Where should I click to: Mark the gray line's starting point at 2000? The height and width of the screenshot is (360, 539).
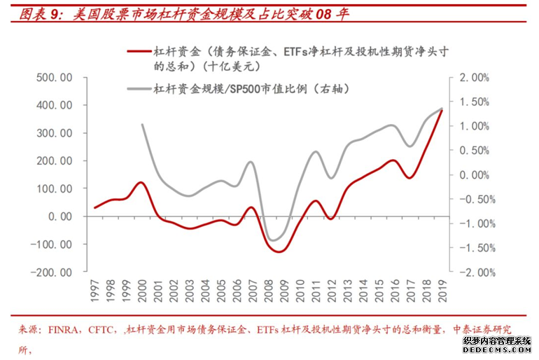(x=142, y=124)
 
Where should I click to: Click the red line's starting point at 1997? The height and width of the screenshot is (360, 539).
(x=94, y=208)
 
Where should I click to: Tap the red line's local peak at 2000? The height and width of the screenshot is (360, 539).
(x=141, y=182)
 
